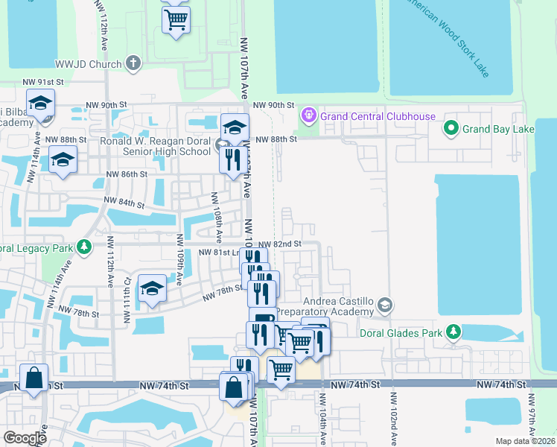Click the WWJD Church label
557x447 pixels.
[x=88, y=63]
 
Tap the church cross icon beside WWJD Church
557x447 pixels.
[x=134, y=63]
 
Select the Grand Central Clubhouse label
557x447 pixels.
[x=378, y=116]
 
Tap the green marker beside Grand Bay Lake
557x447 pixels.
[x=450, y=130]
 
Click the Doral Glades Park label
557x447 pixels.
[x=402, y=332]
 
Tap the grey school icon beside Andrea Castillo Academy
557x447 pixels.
[x=384, y=304]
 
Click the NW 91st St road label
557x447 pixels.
[x=44, y=82]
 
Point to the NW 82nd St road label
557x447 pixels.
[x=279, y=244]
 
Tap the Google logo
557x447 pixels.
[x=25, y=438]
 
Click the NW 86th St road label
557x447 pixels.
[x=127, y=174]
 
